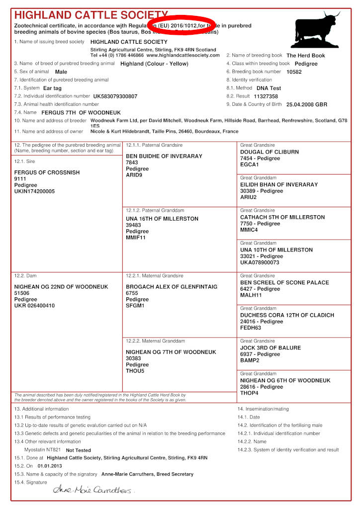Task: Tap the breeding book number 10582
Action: tap(294, 72)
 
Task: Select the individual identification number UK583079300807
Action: tap(115, 96)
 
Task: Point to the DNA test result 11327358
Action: tap(266, 96)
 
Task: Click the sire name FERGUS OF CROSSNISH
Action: tap(47, 172)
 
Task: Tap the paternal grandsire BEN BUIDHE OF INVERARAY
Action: tap(164, 156)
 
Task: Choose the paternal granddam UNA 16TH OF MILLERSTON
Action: tap(162, 219)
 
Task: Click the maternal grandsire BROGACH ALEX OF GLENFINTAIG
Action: tap(172, 287)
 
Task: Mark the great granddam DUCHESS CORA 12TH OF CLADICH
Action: tap(287, 315)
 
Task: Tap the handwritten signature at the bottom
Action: tap(93, 490)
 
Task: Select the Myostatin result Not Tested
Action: tap(79, 450)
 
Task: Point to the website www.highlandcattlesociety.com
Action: tap(183, 55)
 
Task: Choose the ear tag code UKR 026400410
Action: tap(34, 306)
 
